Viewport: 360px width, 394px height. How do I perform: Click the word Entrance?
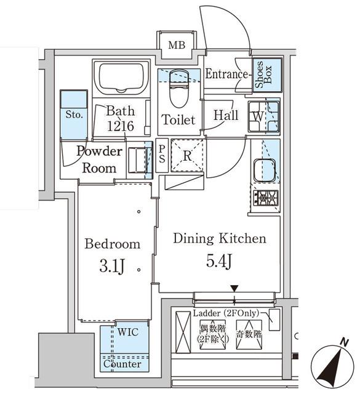(226, 75)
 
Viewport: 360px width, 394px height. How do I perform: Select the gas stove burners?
(266, 198)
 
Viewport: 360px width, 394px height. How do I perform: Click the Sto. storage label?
(74, 115)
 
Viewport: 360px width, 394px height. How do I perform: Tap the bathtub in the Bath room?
(121, 78)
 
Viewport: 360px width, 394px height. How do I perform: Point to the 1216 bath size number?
(120, 127)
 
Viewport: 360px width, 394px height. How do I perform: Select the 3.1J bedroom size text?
(113, 268)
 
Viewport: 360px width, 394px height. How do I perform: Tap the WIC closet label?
(128, 332)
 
